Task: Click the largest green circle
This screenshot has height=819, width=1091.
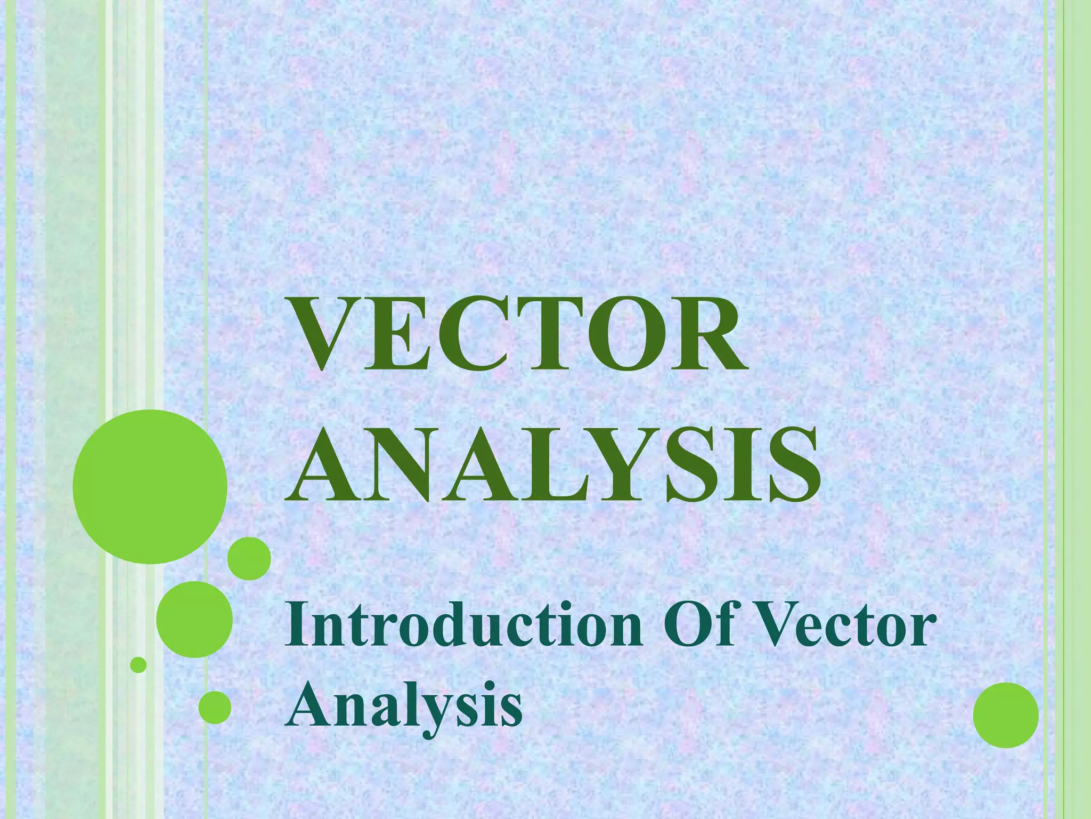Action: pyautogui.click(x=150, y=486)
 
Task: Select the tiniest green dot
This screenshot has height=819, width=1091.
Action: pyautogui.click(x=139, y=665)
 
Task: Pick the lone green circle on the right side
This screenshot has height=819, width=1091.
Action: pyautogui.click(x=1006, y=715)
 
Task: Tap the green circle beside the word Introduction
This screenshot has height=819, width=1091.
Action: pyautogui.click(x=194, y=620)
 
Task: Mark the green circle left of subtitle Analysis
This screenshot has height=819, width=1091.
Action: pyautogui.click(x=215, y=707)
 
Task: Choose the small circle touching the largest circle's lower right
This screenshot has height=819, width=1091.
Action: pyautogui.click(x=249, y=558)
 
